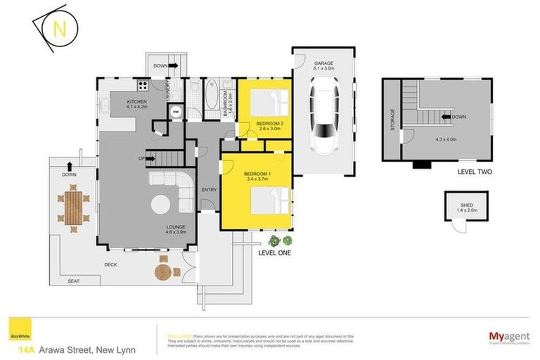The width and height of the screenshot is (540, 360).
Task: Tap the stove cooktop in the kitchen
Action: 141,88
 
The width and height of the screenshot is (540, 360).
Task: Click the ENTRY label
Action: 209,190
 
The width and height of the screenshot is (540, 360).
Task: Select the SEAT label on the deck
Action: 73,281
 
